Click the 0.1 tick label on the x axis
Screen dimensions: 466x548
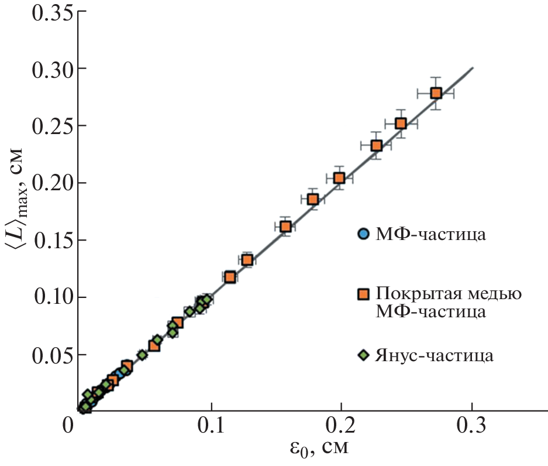[x=212, y=426]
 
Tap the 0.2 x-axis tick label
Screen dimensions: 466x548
[x=342, y=426]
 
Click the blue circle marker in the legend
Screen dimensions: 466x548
[x=363, y=234]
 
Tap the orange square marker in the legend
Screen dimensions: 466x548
[x=364, y=293]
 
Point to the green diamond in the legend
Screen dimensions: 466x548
[x=363, y=355]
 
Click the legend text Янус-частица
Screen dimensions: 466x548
[x=435, y=355]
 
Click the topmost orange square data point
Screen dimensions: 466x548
[x=436, y=93]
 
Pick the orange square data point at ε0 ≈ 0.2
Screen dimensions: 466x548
[x=339, y=178]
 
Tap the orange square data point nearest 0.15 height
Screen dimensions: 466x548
[x=285, y=227]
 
